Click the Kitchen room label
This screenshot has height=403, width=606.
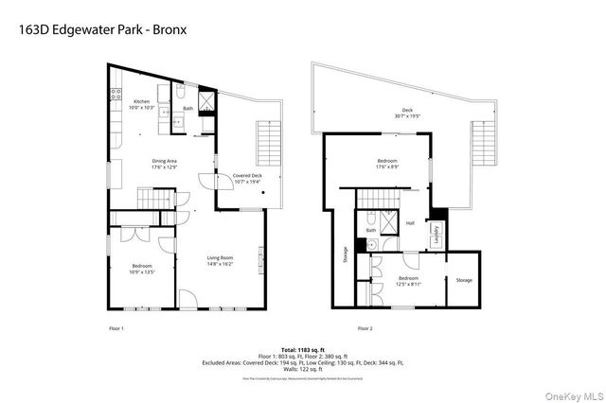(141, 103)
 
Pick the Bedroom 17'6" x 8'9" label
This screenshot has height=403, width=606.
(387, 164)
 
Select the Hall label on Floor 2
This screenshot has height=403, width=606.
(411, 223)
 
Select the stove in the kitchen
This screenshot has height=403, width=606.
(116, 95)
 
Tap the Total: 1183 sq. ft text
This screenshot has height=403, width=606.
(303, 349)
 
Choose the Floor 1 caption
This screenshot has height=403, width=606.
(116, 327)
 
